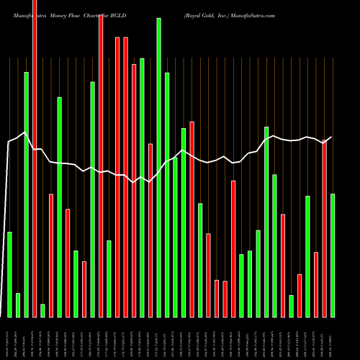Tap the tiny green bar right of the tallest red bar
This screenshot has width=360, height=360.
coord(42,310)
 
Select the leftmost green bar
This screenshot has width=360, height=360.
coord(9,274)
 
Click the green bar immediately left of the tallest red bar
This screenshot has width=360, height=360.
coord(26,194)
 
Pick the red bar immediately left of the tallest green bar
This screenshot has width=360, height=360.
coord(150,230)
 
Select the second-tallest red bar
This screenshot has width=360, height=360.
coord(101,166)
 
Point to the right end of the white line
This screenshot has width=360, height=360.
coord(332,137)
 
